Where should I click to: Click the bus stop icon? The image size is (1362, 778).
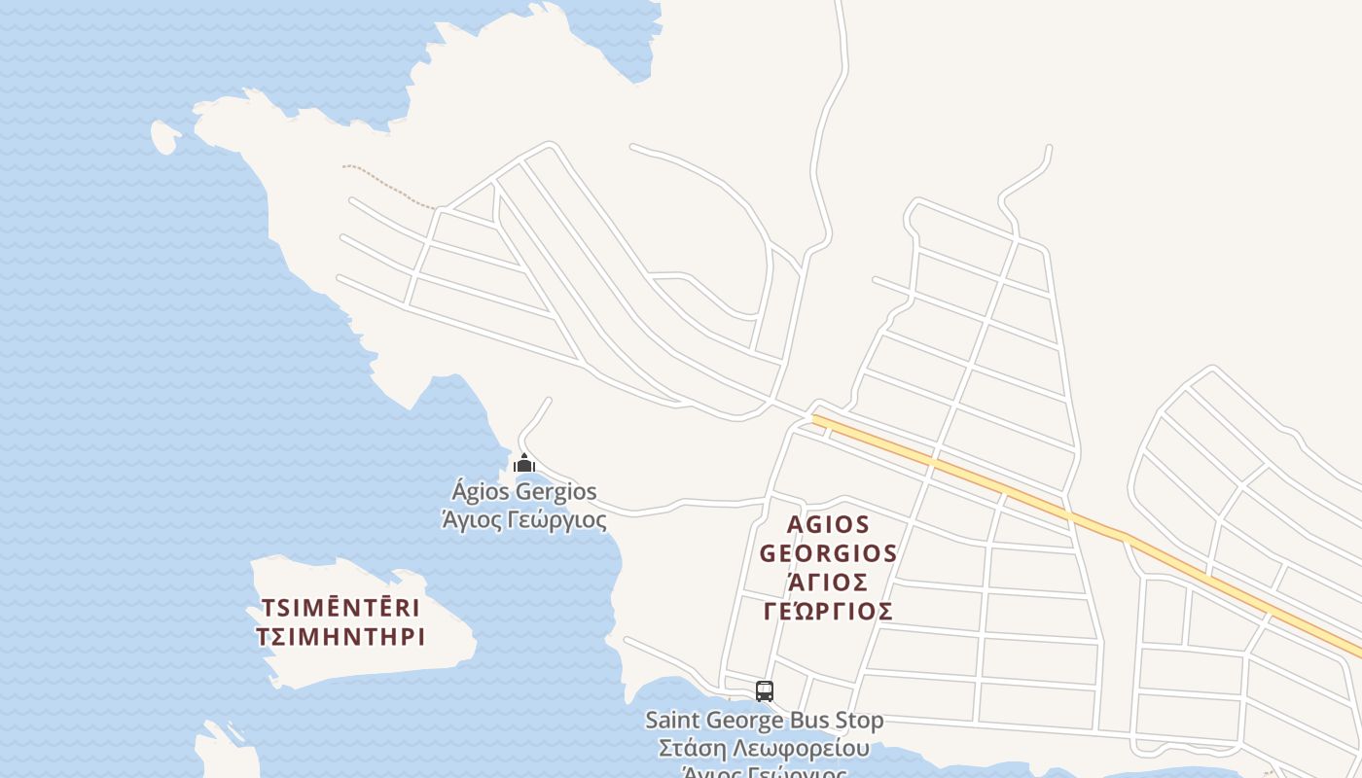click(765, 691)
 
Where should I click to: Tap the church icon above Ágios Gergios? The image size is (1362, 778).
click(524, 463)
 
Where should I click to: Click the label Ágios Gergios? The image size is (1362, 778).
click(524, 491)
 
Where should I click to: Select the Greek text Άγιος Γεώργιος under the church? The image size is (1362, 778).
click(524, 520)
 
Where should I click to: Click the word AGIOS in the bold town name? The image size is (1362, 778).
click(828, 525)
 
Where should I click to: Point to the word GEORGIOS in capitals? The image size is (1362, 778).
click(828, 554)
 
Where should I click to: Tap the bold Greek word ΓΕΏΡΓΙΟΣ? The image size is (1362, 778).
click(828, 612)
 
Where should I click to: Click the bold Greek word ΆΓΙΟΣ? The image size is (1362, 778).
click(828, 583)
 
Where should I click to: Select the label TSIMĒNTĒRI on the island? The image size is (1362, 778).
click(340, 609)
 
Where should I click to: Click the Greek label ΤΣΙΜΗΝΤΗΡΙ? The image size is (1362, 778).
click(340, 638)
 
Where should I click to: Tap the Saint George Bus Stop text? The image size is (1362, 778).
click(765, 721)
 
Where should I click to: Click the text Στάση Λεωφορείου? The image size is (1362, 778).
click(765, 749)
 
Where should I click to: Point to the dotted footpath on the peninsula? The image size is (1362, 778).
click(389, 186)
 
